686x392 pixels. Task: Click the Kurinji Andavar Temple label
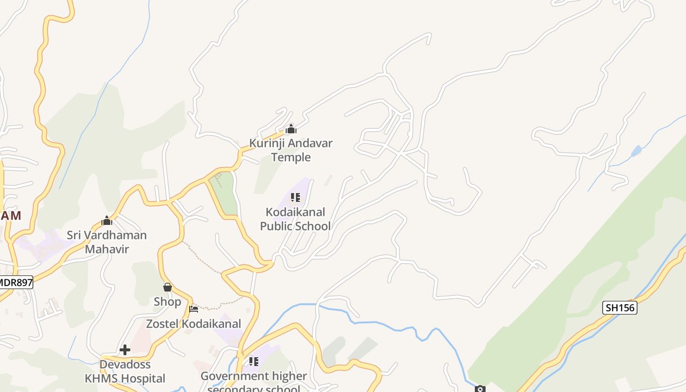click(x=291, y=150)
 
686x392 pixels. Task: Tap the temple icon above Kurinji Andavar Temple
click(x=291, y=129)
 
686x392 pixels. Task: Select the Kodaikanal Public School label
click(x=295, y=219)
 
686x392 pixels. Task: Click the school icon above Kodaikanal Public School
click(x=295, y=197)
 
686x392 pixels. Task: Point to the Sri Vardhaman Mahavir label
click(x=107, y=242)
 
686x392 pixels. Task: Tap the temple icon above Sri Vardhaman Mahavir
click(x=107, y=220)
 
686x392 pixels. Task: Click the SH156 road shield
click(x=620, y=308)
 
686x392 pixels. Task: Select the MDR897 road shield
click(x=16, y=282)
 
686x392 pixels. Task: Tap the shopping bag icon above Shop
click(x=168, y=287)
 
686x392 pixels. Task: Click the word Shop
click(x=168, y=302)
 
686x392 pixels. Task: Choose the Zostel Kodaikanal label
click(x=194, y=324)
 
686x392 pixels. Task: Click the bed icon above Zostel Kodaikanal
click(x=194, y=309)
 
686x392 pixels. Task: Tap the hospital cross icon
click(x=125, y=350)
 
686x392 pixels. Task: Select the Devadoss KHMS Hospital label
click(x=125, y=371)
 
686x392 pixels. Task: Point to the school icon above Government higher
click(x=253, y=362)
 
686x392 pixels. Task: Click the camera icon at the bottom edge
click(x=480, y=389)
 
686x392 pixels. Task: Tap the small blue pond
click(x=636, y=151)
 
